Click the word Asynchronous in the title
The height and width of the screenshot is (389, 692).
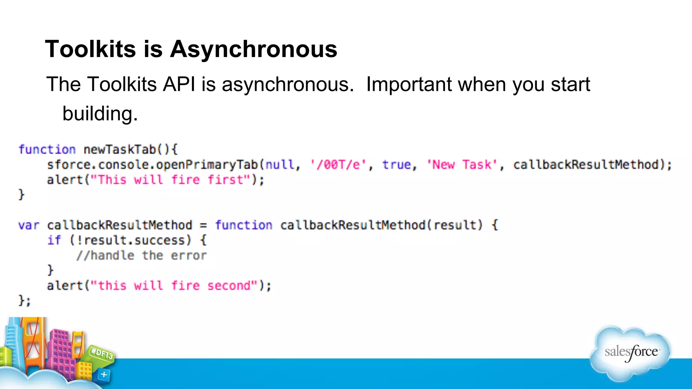pyautogui.click(x=253, y=49)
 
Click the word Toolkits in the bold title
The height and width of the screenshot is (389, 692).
pyautogui.click(x=91, y=49)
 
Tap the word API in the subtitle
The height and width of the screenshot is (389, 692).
pyautogui.click(x=179, y=84)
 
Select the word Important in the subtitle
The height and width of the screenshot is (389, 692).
pyautogui.click(x=409, y=84)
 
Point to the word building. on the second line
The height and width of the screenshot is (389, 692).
pyautogui.click(x=100, y=113)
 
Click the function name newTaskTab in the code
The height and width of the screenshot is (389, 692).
pyautogui.click(x=120, y=149)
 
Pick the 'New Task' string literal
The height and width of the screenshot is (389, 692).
pyautogui.click(x=462, y=165)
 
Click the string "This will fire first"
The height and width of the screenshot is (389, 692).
pyautogui.click(x=171, y=180)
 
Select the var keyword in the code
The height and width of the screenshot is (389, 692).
pyautogui.click(x=29, y=225)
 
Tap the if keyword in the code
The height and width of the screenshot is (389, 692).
pyautogui.click(x=54, y=240)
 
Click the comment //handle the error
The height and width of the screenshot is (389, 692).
pyautogui.click(x=141, y=256)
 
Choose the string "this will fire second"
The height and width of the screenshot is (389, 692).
pyautogui.click(x=174, y=286)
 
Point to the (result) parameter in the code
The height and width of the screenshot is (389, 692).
pyautogui.click(x=458, y=225)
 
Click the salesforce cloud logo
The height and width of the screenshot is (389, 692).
pyautogui.click(x=631, y=353)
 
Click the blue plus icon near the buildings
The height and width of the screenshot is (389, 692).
pyautogui.click(x=104, y=374)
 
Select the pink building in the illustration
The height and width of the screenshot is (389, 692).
pyautogui.click(x=63, y=351)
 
